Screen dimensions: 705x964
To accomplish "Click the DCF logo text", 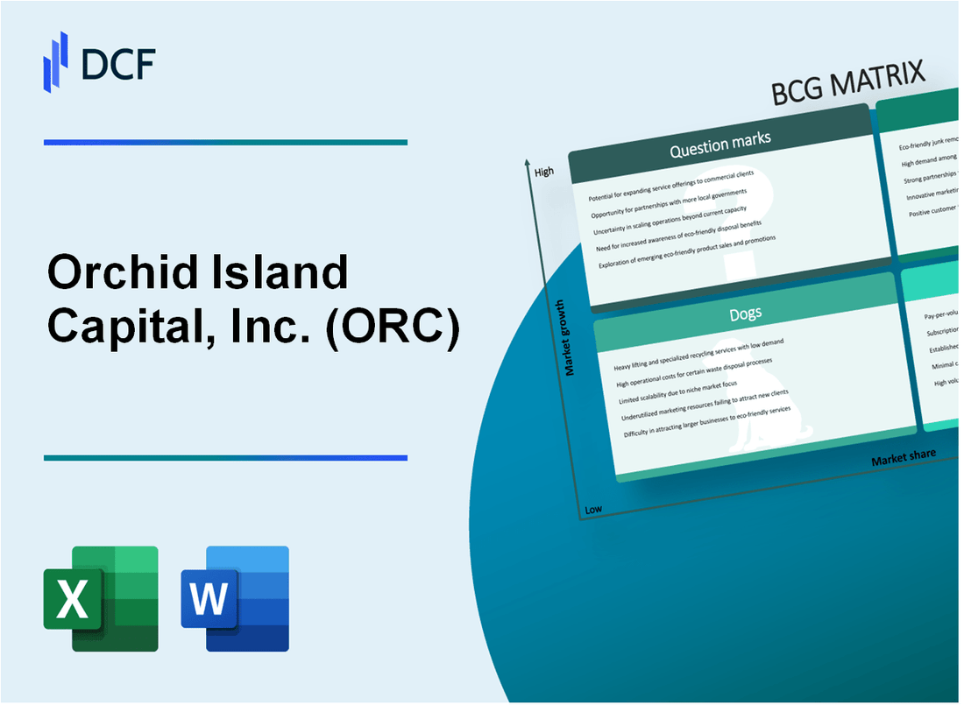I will (x=117, y=63).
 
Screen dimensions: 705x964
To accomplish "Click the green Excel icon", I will (x=100, y=598).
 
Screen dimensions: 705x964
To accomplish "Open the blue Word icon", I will (x=235, y=598).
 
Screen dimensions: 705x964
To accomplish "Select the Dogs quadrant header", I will (x=747, y=313).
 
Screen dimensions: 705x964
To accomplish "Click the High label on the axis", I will (x=544, y=172).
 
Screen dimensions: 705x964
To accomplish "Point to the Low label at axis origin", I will (x=593, y=509).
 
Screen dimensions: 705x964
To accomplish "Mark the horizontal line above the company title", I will (x=225, y=142).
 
